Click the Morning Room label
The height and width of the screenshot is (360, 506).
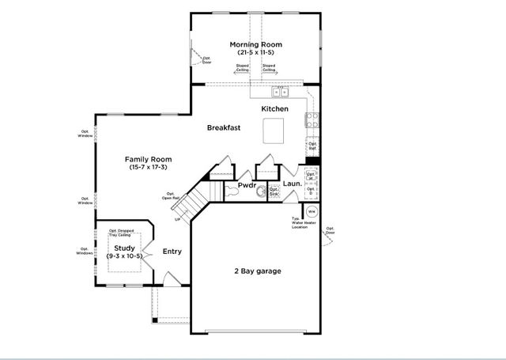[255, 44]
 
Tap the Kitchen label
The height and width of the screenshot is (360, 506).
[274, 108]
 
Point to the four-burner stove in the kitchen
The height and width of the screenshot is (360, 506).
[312, 121]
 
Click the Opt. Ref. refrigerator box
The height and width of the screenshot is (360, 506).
[312, 146]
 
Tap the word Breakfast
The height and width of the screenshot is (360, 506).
[224, 127]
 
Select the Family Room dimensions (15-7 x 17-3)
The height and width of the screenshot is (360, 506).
[148, 167]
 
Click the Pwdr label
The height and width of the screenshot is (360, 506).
[248, 188]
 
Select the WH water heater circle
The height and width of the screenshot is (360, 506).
[311, 211]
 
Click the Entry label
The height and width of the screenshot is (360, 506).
[172, 252]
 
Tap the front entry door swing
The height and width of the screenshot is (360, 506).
[170, 279]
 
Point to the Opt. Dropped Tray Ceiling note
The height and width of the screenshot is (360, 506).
[123, 232]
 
